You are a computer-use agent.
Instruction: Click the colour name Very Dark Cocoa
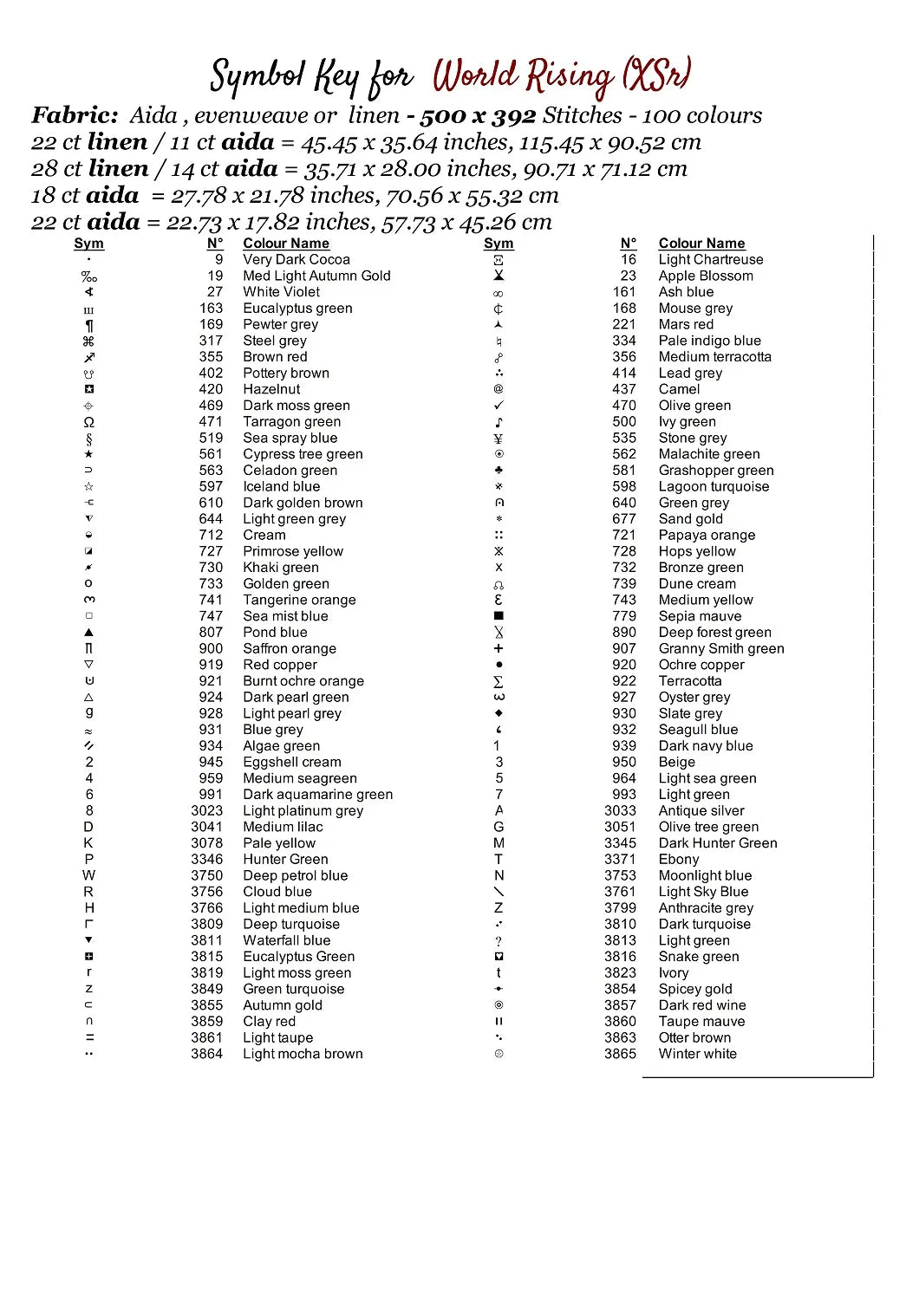tap(297, 259)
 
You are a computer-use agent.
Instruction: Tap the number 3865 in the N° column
tap(620, 1054)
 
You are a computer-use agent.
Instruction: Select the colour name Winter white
tap(697, 1054)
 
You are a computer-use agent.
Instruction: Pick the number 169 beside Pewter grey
tap(211, 324)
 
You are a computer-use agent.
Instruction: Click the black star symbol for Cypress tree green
tap(88, 454)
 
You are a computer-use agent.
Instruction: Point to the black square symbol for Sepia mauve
tap(499, 616)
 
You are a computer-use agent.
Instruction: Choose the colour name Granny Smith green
tap(721, 648)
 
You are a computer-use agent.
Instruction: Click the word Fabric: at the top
tap(75, 115)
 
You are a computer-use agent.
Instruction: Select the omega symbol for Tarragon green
tap(88, 422)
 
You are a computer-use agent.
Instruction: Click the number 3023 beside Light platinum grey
tap(206, 810)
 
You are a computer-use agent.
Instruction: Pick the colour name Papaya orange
tap(707, 535)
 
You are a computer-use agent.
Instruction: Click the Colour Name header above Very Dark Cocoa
tap(286, 244)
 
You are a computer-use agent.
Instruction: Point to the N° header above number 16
tap(629, 244)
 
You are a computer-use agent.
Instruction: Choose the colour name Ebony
tap(678, 859)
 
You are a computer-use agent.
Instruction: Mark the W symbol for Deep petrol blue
tap(88, 875)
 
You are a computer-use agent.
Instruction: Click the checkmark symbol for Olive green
tap(499, 406)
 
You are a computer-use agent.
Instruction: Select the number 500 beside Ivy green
tap(624, 421)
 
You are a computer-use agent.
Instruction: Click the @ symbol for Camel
tap(499, 389)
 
